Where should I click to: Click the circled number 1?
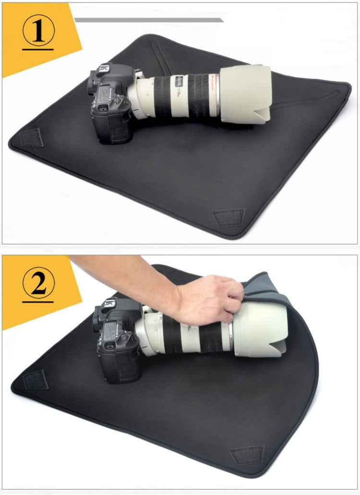[x=38, y=29]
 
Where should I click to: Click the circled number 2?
[x=38, y=284]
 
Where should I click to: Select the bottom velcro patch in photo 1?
[x=228, y=217]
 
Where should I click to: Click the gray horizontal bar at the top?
[x=149, y=20]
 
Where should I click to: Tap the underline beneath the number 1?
[x=38, y=48]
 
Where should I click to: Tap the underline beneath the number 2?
[x=38, y=302]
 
